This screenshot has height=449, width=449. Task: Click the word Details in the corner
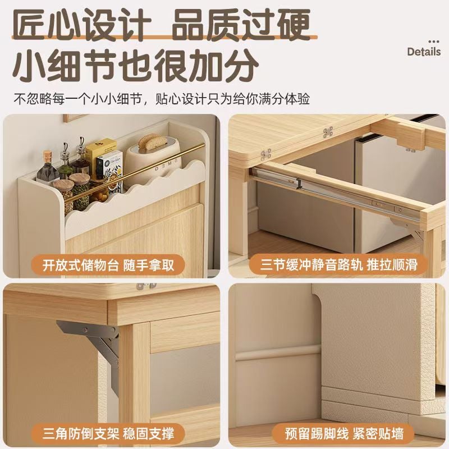tap(424, 52)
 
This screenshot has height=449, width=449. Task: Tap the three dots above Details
tap(433, 42)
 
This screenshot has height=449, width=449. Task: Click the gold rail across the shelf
tap(135, 173)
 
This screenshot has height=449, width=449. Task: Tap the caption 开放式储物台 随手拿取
tap(108, 265)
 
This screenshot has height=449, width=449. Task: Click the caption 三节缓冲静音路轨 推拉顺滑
tap(338, 264)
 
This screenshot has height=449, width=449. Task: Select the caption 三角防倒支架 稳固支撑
tap(108, 433)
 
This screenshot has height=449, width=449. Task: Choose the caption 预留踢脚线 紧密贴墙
tap(344, 433)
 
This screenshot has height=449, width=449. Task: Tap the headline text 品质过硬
tap(241, 25)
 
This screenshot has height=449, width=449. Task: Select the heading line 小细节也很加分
tap(135, 66)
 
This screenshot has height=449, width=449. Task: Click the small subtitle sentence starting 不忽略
tap(162, 99)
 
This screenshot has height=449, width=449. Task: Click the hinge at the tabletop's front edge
tap(266, 155)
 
